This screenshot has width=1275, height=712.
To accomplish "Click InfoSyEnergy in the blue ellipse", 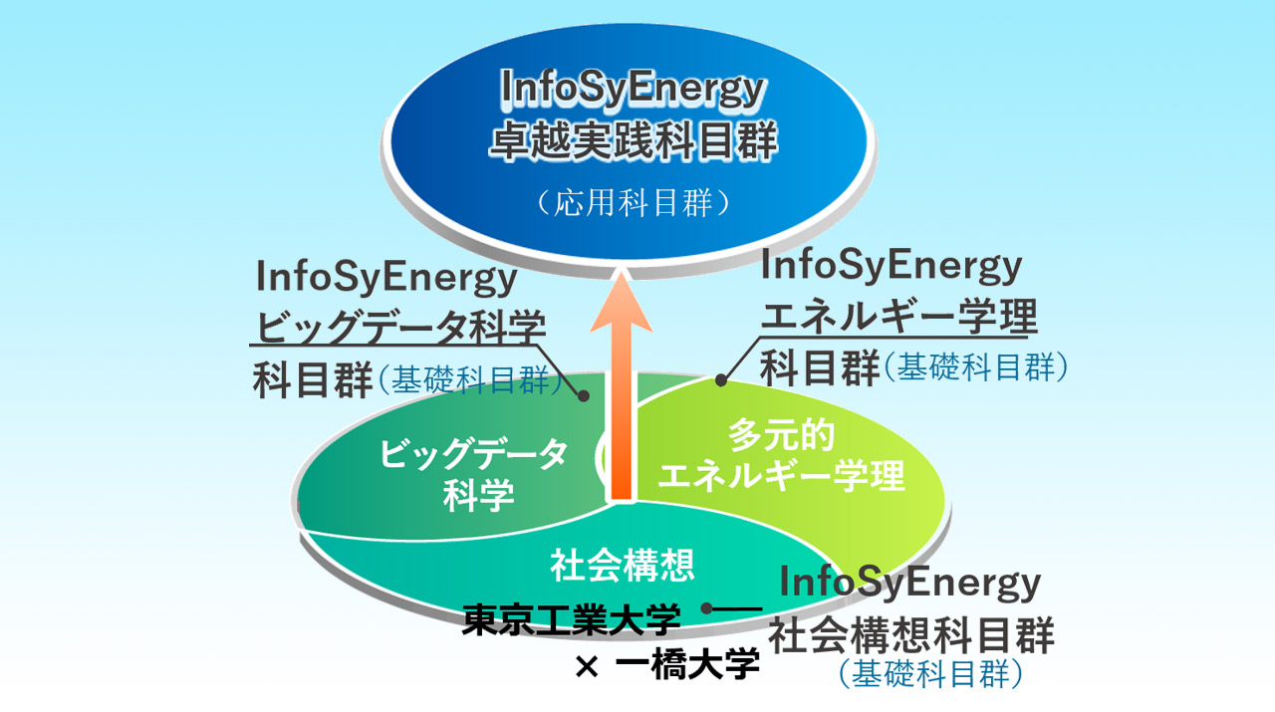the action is point(633,90).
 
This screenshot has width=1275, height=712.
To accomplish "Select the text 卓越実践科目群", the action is point(633,140).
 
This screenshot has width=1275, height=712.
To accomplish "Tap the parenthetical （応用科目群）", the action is point(633,202).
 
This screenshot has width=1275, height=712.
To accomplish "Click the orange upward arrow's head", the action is point(621,301).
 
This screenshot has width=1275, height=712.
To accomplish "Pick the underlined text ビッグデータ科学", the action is point(401,327).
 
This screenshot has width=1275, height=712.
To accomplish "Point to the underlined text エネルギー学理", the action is point(899,316).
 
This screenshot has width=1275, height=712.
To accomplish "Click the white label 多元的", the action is point(781,435).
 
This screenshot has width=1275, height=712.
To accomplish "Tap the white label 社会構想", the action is point(622,566).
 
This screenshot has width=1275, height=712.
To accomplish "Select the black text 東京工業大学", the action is point(571,618).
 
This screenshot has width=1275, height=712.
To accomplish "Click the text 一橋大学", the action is point(687,663).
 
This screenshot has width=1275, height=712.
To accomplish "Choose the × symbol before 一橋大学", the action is point(587,666).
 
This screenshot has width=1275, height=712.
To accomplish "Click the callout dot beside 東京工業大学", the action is point(707,608).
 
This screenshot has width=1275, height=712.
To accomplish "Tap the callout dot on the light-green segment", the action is point(720,380).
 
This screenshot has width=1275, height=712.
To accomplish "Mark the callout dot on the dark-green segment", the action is point(584,395).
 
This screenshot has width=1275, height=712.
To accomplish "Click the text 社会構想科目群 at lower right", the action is point(911,634).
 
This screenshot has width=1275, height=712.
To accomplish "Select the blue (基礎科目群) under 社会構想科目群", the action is point(930,673).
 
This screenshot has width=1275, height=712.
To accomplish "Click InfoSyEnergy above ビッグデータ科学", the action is point(386,277).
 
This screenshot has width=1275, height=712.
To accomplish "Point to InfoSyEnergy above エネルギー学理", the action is point(892,266).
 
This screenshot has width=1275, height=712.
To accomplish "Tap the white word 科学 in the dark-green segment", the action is point(479,495).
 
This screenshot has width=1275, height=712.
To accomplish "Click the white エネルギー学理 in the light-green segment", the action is point(782,476).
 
